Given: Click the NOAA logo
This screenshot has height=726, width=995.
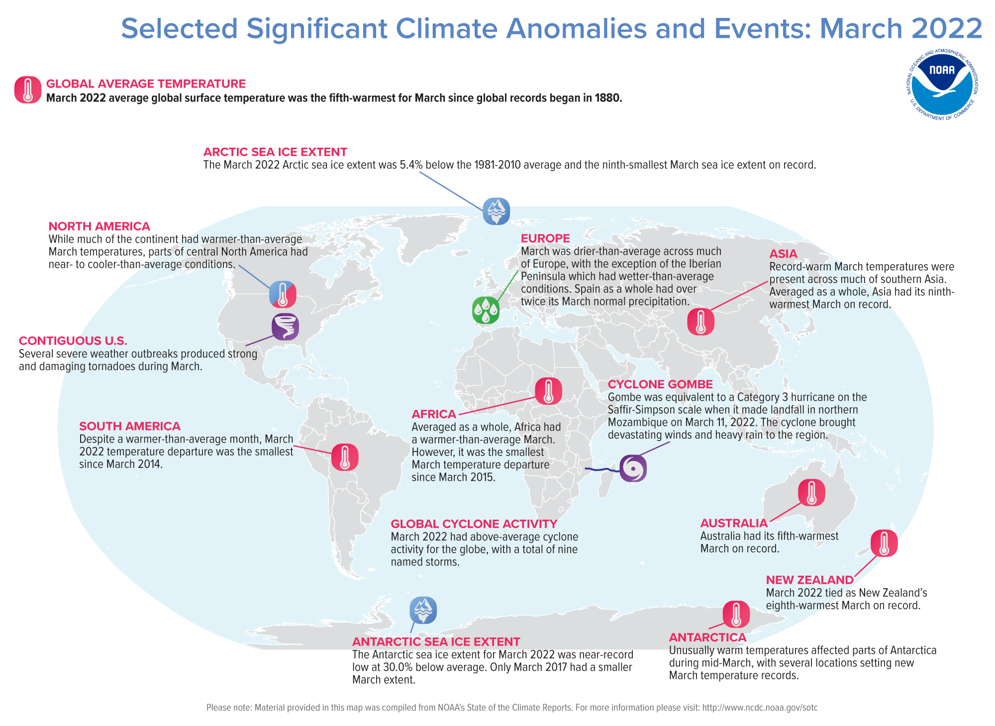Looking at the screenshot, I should coord(942,85).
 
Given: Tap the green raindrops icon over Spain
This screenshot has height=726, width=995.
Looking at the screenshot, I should coord(486,310).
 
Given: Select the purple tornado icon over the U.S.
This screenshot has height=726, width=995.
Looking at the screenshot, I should coord(285,327).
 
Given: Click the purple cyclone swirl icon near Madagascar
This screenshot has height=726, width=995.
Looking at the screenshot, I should coord(633,468).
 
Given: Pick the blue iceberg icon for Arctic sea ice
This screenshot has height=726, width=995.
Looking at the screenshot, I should coord(496,211).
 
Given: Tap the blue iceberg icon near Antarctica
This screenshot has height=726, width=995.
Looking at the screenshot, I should coord(423,610).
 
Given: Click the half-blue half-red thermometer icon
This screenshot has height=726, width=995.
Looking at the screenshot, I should coord(283,294).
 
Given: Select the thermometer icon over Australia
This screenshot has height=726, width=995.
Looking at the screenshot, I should coord(811,493).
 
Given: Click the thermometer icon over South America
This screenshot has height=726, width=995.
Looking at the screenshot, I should coord(345,457).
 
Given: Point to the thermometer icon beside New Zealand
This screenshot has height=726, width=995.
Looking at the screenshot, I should coord(884,543).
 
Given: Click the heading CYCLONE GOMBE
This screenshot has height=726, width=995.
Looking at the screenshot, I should coord(660,384).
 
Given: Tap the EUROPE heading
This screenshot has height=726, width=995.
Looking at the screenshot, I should coord(545,238).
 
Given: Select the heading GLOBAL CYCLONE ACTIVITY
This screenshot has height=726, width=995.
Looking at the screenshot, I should coord(474,524).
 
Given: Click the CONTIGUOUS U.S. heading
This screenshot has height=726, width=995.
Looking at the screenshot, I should coord(73,341).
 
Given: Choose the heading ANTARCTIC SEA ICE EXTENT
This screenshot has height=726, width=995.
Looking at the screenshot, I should coord(436,641).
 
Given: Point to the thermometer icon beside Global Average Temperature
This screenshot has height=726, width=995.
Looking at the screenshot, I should coord(28,90).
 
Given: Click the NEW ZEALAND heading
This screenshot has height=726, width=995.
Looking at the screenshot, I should coord(809,580).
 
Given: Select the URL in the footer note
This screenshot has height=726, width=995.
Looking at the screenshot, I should coord(760,708).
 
